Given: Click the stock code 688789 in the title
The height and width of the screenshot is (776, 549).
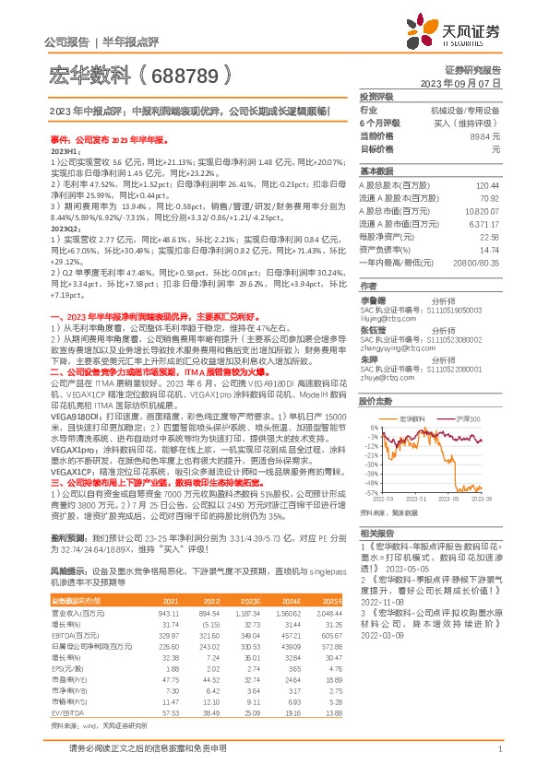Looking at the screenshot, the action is pos(194,70).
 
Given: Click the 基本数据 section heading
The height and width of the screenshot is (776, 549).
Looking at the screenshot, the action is pos(376,171).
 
